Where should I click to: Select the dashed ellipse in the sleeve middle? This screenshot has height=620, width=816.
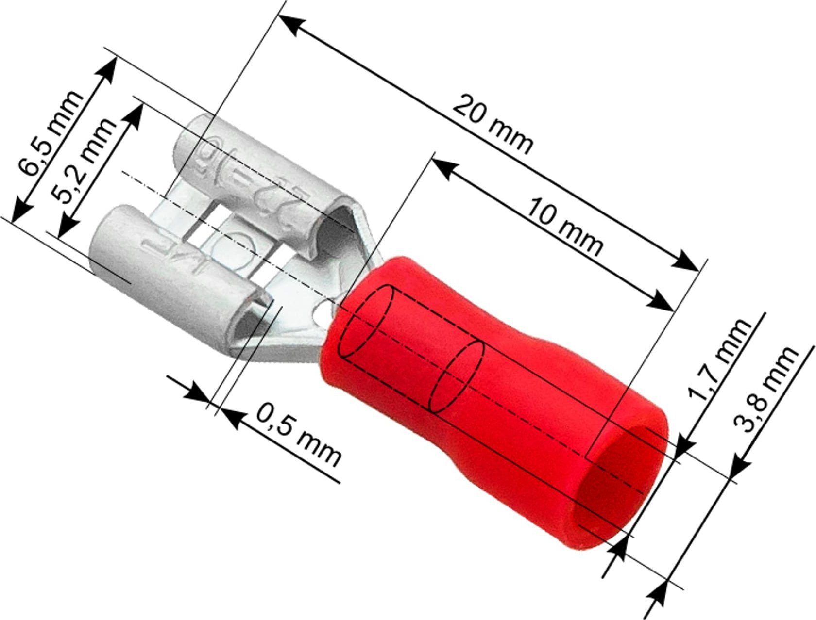pos(457,376)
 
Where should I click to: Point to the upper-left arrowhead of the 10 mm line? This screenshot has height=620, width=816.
pos(442,167)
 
